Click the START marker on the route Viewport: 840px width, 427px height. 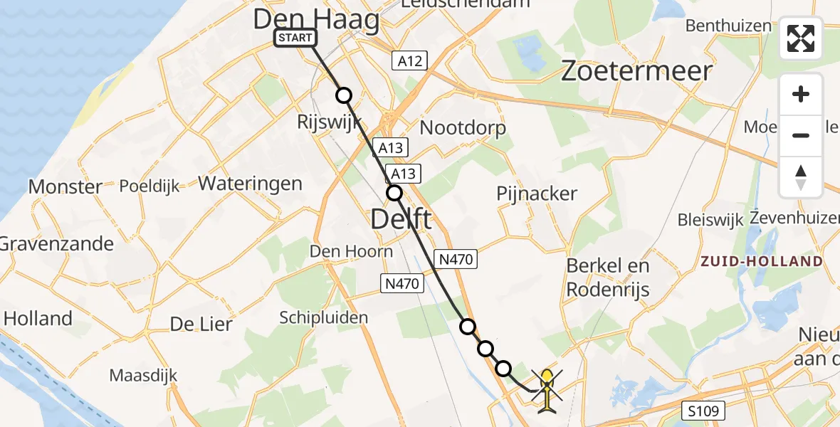tap(295, 38)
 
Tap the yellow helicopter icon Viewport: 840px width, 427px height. tap(546, 389)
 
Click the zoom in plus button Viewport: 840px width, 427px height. tap(801, 94)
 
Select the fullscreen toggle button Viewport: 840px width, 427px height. tap(801, 38)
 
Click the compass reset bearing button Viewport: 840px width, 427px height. tap(801, 177)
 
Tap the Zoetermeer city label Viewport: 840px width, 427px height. tap(636, 71)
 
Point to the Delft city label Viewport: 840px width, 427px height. tap(401, 219)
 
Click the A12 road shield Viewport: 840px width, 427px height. tap(409, 61)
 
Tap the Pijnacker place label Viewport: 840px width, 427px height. tap(537, 194)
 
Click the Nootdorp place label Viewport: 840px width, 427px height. tap(463, 128)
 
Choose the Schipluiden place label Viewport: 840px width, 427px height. tap(324, 317)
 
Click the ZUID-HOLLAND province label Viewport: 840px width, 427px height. tap(761, 261)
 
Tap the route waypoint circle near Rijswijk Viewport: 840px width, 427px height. tap(344, 95)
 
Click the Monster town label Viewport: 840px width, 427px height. tap(65, 187)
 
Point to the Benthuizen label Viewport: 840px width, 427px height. tap(728, 26)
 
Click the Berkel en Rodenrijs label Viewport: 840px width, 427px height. tap(608, 278)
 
